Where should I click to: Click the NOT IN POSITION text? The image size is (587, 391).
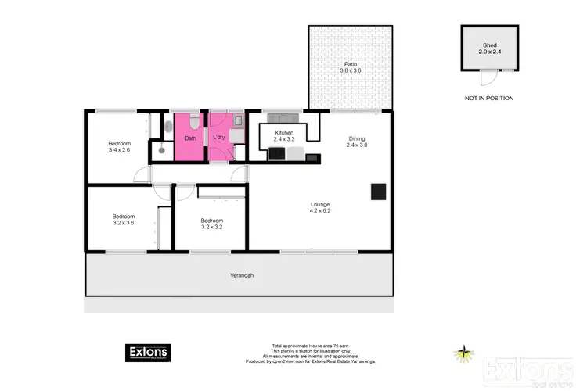point(488,99)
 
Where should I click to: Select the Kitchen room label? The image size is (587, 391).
point(283,134)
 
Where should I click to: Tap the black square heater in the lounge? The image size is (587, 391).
point(378,191)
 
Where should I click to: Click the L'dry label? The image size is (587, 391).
point(220,138)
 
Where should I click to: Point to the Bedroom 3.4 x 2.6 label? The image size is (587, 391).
point(119,147)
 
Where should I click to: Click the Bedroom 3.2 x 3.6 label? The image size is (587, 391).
point(124,220)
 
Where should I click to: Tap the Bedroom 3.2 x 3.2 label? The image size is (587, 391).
point(211,224)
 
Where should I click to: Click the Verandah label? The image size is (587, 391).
point(241,275)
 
